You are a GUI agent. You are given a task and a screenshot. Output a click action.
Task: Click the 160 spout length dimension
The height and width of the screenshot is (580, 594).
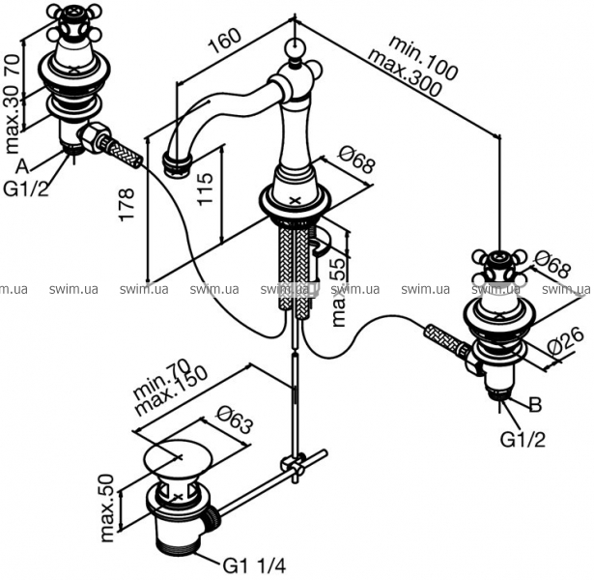click(x=225, y=41)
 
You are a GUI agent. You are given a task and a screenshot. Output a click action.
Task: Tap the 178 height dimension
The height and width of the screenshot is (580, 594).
click(x=127, y=204)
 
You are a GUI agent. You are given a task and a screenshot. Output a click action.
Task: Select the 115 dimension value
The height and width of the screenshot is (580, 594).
click(x=206, y=189)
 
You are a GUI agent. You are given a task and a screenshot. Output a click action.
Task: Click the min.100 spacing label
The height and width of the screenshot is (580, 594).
click(x=424, y=58)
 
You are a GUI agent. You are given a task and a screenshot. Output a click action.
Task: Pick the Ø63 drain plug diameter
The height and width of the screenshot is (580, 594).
click(x=235, y=420)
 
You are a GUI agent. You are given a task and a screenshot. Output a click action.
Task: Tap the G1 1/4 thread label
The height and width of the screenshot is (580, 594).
click(x=254, y=566)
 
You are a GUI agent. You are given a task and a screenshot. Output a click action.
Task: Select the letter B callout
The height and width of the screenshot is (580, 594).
click(x=535, y=404)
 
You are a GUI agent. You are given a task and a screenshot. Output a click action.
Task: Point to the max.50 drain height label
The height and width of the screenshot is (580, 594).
click(x=108, y=508)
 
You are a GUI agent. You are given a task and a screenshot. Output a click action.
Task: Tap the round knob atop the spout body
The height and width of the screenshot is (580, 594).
click(x=295, y=48)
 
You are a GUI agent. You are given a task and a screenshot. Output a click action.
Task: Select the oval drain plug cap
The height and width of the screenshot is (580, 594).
click(x=180, y=456)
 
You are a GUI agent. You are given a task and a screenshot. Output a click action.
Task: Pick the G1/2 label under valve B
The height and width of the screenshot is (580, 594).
click(x=523, y=440)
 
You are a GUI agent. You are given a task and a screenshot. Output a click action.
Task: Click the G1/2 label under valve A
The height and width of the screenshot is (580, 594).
click(x=26, y=188)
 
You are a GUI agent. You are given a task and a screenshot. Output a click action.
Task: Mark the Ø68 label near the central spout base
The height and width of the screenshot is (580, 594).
click(x=356, y=160)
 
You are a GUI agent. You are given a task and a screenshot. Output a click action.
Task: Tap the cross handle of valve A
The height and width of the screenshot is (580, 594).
click(x=74, y=24)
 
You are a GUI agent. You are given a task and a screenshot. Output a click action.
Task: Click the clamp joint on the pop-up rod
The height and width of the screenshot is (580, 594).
click(x=294, y=464)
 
